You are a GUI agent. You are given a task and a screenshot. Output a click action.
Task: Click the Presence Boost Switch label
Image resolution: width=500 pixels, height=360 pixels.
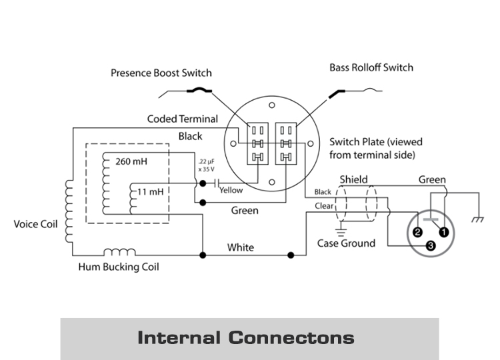(161, 73)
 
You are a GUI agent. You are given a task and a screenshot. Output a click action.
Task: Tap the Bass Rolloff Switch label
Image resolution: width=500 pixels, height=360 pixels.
(371, 67)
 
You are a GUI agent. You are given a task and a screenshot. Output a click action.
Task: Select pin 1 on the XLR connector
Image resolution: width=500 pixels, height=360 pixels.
(443, 232)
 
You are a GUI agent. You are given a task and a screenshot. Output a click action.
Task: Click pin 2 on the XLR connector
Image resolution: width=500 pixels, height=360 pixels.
(417, 232)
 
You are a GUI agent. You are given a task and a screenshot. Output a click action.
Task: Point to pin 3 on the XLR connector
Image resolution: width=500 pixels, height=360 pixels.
(431, 245)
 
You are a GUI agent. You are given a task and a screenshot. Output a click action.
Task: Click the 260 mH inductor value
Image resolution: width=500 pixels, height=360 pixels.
(131, 161)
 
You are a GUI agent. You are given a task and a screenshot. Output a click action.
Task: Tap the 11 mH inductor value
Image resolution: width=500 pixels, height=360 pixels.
(150, 191)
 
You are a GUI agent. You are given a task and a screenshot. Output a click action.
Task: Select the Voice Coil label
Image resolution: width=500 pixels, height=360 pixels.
(36, 224)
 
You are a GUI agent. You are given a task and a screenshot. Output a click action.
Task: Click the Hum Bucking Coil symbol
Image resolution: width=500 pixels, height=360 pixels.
(119, 252)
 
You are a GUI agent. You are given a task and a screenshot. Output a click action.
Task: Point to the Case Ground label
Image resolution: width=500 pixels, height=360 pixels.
(346, 243)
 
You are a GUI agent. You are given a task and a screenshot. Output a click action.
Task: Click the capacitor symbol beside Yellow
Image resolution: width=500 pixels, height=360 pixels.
(217, 183)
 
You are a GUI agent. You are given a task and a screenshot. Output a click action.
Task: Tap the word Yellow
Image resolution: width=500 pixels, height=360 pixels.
(231, 191)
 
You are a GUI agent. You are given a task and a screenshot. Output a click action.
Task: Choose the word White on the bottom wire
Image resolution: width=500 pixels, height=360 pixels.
(241, 247)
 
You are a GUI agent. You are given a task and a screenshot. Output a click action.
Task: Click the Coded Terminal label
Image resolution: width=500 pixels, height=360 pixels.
(183, 119)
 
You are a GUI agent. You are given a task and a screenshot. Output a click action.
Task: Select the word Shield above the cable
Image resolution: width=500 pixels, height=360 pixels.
(353, 179)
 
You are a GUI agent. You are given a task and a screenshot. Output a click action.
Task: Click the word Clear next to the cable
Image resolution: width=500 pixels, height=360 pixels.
(324, 206)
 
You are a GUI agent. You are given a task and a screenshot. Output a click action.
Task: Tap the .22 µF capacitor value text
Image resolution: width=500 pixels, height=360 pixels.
(206, 165)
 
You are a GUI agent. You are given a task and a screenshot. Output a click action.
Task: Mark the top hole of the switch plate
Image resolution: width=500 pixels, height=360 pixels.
(272, 105)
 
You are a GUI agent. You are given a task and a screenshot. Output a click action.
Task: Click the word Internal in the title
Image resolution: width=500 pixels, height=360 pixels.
(179, 338)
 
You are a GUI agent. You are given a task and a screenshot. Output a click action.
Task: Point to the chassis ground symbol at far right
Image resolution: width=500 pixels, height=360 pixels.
(478, 219)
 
